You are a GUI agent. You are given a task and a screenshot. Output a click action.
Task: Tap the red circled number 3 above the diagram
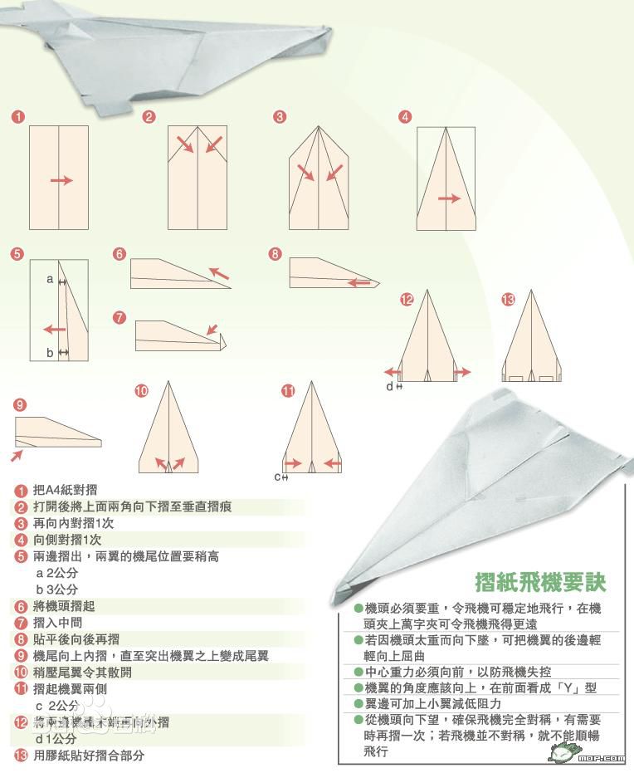[x=280, y=117]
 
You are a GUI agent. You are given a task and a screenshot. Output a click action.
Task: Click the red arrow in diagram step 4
[x=449, y=198]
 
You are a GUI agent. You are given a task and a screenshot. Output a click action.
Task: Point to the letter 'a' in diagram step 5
[x=50, y=280]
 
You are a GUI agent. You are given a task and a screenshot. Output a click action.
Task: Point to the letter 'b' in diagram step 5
[x=50, y=353]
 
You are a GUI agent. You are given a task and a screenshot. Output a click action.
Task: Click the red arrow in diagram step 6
[x=219, y=272]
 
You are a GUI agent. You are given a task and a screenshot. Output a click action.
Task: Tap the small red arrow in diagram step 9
[x=17, y=455]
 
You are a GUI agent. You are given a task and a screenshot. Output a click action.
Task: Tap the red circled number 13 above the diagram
[x=508, y=300]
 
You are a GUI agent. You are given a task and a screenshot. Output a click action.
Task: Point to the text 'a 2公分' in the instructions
[x=57, y=573]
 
